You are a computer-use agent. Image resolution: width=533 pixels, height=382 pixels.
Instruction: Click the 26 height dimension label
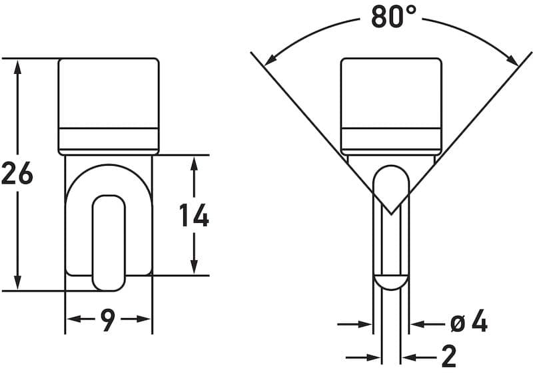click(x=17, y=174)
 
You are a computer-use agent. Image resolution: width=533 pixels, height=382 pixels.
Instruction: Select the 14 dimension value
click(x=194, y=216)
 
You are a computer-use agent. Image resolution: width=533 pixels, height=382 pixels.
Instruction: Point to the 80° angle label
click(x=394, y=17)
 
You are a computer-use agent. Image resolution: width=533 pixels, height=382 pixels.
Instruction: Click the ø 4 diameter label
click(x=469, y=323)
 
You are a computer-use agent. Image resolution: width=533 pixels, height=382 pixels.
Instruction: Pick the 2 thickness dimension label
click(x=449, y=357)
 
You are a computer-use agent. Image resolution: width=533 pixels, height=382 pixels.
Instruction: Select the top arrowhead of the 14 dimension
click(x=194, y=163)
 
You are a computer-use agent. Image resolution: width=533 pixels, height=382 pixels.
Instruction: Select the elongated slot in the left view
click(x=109, y=242)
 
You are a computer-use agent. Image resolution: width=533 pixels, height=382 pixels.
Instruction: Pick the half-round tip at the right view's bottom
click(x=390, y=282)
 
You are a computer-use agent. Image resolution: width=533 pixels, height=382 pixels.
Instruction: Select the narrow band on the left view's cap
click(x=109, y=138)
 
